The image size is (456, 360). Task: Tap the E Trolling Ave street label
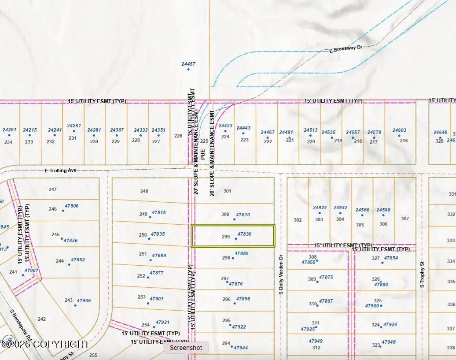(60, 170)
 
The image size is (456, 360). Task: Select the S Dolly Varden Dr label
(280, 274)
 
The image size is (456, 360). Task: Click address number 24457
(188, 64)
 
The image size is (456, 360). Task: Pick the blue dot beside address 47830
(236, 239)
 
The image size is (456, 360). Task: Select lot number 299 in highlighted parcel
(226, 237)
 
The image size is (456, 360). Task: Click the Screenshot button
(186, 348)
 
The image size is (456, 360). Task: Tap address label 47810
(243, 215)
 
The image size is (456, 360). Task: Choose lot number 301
(227, 191)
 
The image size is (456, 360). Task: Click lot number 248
(144, 191)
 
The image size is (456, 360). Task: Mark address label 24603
(399, 130)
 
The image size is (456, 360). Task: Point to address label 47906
(84, 301)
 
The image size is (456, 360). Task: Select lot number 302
(298, 220)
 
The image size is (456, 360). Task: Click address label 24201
(9, 130)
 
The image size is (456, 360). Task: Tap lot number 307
(405, 219)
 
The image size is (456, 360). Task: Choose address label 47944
(241, 348)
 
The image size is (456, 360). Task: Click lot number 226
(178, 136)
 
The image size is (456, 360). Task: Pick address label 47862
(78, 260)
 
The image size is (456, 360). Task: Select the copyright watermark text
(45, 344)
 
